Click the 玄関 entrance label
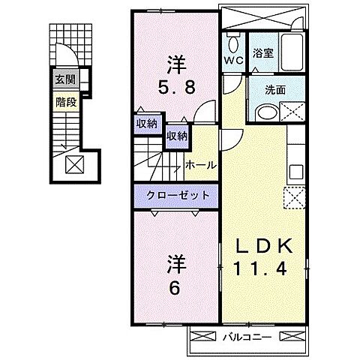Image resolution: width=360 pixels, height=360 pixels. [65, 79]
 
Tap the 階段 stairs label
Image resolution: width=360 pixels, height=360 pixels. [66, 102]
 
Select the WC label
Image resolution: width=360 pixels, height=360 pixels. [233, 60]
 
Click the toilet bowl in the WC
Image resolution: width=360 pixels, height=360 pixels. [233, 44]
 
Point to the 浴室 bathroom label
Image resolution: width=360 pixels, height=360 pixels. [262, 53]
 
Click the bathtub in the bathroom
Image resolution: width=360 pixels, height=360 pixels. [292, 52]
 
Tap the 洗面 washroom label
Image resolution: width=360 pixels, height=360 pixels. [275, 90]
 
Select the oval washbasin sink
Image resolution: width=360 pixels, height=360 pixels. [267, 113]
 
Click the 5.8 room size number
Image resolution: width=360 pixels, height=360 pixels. [176, 88]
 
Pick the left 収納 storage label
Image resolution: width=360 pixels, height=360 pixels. [147, 124]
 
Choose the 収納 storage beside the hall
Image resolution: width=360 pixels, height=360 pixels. [177, 136]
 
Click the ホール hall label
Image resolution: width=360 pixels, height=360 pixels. [200, 165]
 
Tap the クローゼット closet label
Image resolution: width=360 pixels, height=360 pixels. [178, 195]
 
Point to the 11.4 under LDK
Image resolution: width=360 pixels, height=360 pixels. [260, 268]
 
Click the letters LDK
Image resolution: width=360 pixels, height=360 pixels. [264, 246]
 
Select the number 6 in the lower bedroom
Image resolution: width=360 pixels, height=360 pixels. [175, 289]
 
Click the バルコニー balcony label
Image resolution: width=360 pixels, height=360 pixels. [247, 337]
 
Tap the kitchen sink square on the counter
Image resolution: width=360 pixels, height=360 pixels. [296, 172]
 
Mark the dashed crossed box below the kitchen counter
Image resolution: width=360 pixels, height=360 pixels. [294, 197]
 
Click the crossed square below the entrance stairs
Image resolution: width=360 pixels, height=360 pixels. [74, 164]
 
